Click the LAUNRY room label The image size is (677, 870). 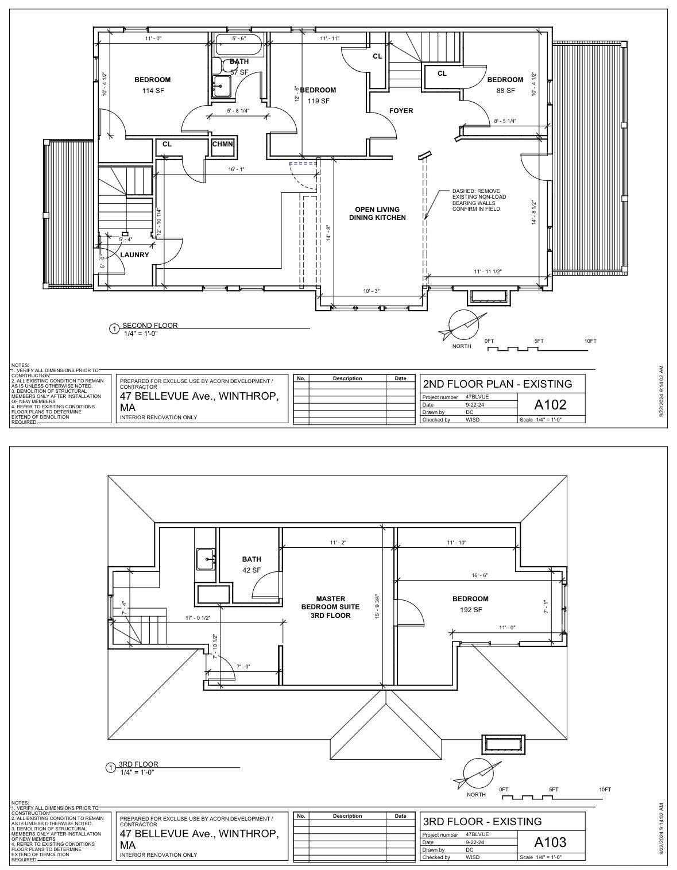[134, 254]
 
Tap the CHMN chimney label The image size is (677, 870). [223, 144]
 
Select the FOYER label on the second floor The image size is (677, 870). [401, 111]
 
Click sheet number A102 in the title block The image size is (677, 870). [550, 404]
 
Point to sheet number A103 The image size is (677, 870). [550, 842]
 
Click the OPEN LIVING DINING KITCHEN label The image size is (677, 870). [377, 214]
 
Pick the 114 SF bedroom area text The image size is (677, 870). [152, 91]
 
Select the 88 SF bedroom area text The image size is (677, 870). [505, 91]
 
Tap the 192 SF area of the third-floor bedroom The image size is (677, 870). [470, 610]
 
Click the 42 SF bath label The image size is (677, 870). [252, 570]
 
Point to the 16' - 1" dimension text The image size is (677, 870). [236, 169]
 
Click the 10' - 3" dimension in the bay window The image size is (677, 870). [372, 291]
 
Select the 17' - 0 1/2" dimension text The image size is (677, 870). [198, 618]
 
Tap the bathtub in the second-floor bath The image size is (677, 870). [238, 45]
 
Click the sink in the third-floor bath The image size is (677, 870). [206, 558]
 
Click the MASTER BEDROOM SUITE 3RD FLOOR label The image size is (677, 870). [330, 607]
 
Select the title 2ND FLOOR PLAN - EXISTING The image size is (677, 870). [497, 384]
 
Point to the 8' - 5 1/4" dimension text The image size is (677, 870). [505, 121]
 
